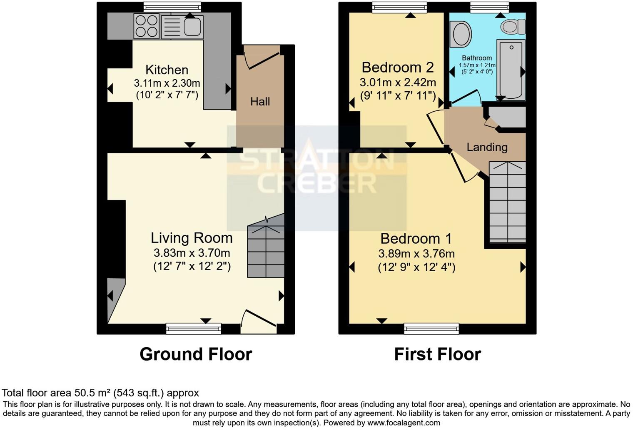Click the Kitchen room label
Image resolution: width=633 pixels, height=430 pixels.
167,70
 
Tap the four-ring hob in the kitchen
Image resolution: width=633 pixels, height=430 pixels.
147,26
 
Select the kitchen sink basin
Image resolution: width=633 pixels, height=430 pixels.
192,26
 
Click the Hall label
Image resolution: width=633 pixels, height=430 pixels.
260,101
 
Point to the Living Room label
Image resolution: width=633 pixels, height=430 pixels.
192,238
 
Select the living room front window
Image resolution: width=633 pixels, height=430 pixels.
193,329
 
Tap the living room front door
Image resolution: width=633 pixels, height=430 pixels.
258,321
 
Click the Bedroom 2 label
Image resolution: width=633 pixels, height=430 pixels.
397,67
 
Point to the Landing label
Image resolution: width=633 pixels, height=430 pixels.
487,147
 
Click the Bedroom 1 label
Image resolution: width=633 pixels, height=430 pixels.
416,238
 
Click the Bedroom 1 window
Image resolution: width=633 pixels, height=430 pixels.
431,329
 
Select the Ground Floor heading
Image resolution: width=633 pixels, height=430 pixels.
196,354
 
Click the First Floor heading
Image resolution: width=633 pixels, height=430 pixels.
437,354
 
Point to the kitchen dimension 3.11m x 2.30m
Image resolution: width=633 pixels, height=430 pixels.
167,83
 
